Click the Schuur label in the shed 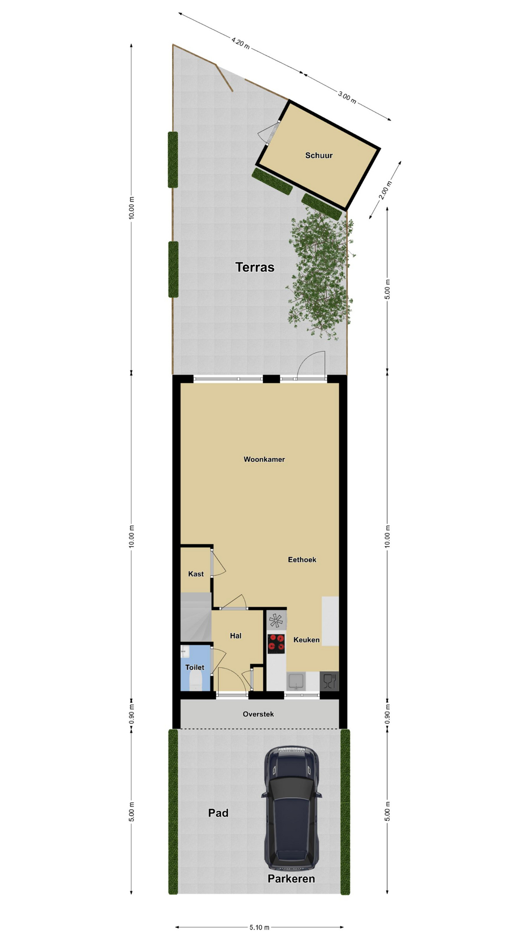tap(319, 156)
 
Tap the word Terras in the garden tap(255, 267)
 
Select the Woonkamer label tap(264, 459)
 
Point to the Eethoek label tap(302, 559)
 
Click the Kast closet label tap(196, 574)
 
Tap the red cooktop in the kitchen tap(276, 644)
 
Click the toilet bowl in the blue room tap(195, 680)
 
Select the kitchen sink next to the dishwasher tap(296, 681)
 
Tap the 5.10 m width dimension tap(259, 927)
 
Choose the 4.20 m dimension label tap(240, 43)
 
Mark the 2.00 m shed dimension tap(386, 190)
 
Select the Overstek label tap(258, 714)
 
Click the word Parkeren tap(291, 878)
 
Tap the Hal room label tap(236, 636)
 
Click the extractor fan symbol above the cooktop tap(276, 621)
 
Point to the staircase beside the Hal tap(196, 617)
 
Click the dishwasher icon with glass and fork tap(329, 680)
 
